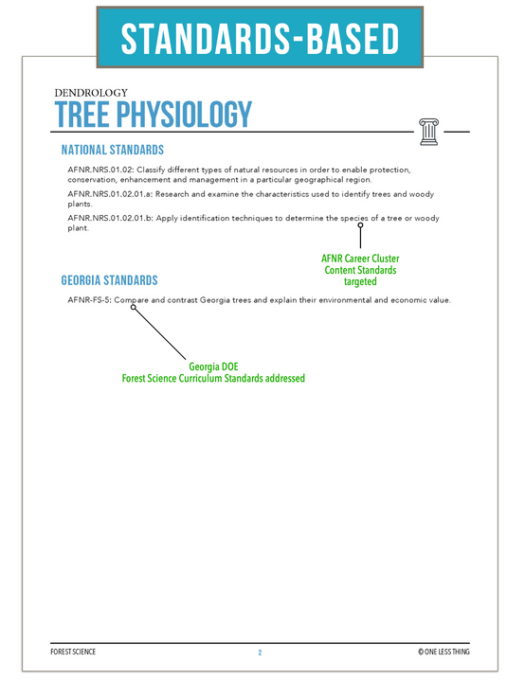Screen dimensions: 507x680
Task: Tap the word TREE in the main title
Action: [81, 114]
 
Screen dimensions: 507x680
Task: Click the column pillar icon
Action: [427, 129]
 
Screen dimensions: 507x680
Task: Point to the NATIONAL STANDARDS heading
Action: [112, 150]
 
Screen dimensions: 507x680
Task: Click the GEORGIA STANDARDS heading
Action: [109, 280]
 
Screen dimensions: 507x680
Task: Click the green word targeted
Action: [359, 281]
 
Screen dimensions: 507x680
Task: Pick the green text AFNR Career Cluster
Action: [359, 258]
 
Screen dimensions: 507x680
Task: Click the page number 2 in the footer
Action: [259, 653]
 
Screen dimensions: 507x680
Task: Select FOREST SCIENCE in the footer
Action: [73, 653]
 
